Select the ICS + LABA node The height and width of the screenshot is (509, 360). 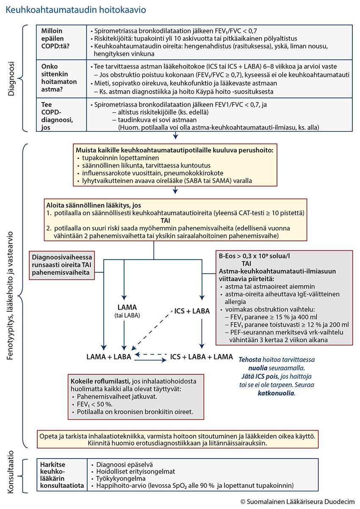pos(192,311)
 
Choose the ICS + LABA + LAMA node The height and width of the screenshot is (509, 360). pos(201,357)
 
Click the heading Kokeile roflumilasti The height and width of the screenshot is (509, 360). pos(101,379)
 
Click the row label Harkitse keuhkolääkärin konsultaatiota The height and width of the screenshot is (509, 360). pos(61,475)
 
